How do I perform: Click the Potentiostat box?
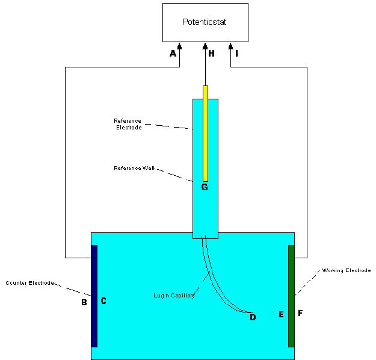(205, 22)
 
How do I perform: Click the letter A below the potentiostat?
(173, 54)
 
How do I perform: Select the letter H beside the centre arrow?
(211, 54)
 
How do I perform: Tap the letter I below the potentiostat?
(236, 54)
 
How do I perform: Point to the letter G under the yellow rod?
(205, 187)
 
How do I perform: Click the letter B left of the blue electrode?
(84, 302)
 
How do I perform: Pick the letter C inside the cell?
(103, 301)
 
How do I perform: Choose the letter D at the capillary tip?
(253, 317)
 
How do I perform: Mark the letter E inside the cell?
(280, 314)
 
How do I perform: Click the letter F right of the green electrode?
(300, 314)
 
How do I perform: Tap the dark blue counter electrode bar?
(94, 296)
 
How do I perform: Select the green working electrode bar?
(291, 296)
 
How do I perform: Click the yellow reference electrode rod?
(205, 133)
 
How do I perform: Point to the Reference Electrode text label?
(128, 123)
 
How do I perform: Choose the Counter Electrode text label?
(30, 282)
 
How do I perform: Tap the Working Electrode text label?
(347, 270)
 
